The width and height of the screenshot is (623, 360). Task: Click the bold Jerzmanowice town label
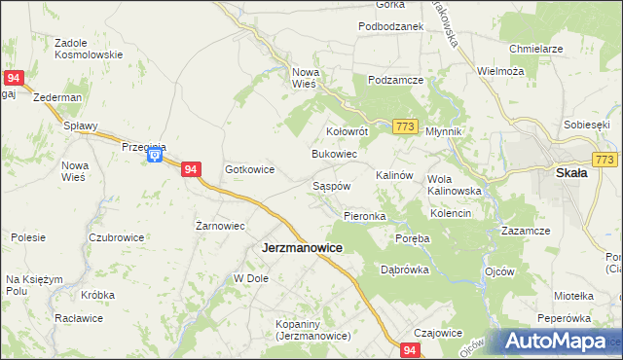(302, 248)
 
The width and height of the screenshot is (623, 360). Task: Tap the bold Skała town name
(570, 172)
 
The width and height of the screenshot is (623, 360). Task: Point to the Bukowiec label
(334, 155)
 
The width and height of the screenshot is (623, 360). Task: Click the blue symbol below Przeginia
(154, 157)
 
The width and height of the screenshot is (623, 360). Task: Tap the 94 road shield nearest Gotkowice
(191, 169)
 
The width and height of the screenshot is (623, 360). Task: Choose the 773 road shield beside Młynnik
(407, 126)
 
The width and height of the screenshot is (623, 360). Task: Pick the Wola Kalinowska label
(455, 185)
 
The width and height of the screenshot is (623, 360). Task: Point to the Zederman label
(56, 98)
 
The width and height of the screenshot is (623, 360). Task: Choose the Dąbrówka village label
(405, 270)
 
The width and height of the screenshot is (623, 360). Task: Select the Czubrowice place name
(116, 237)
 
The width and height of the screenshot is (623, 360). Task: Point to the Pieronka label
(365, 215)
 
